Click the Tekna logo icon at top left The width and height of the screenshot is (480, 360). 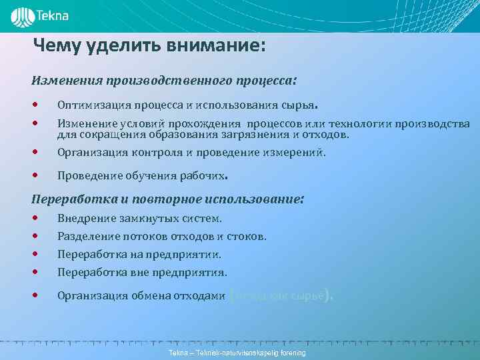click(x=22, y=15)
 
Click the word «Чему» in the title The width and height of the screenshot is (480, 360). click(x=57, y=46)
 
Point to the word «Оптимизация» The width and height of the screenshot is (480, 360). click(x=89, y=105)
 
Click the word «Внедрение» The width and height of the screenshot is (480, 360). click(x=85, y=219)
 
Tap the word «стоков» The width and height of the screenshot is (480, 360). click(x=249, y=237)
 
